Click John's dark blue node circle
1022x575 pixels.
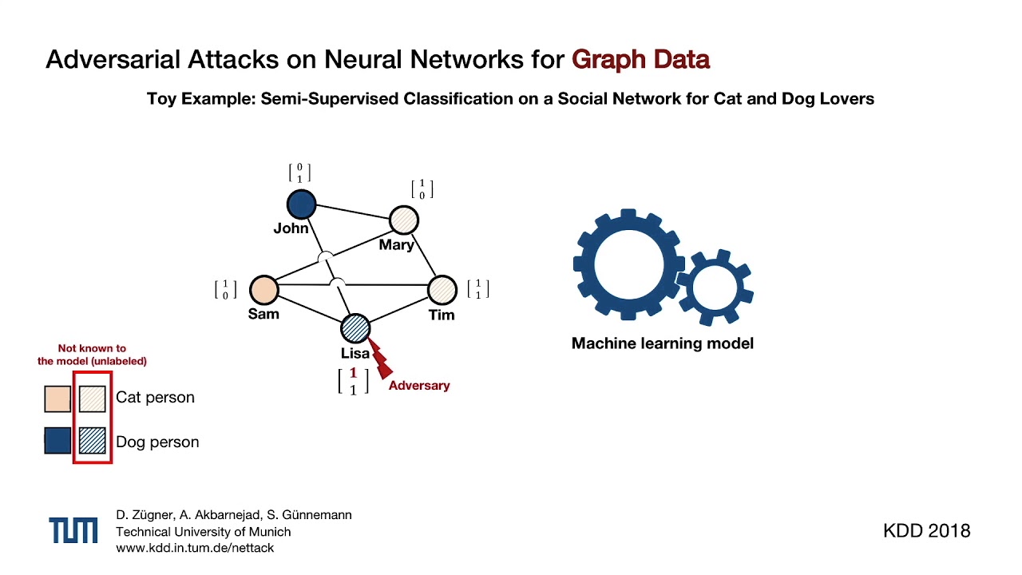click(301, 204)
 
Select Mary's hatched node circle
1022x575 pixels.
click(403, 220)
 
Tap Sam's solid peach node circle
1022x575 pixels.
click(263, 290)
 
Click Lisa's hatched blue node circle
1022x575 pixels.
click(355, 328)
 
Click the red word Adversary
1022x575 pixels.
click(419, 386)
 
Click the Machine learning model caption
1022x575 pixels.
click(662, 343)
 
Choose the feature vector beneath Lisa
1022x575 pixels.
click(353, 382)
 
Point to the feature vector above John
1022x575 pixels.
click(299, 173)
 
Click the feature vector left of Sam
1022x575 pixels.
click(225, 289)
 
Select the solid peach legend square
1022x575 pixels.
click(57, 398)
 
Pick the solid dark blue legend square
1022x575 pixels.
click(57, 441)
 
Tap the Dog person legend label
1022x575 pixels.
click(157, 442)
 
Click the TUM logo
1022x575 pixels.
click(73, 530)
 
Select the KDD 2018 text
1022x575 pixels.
click(926, 531)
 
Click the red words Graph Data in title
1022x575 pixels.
click(640, 60)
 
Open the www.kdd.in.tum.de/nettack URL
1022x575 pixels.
click(195, 548)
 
